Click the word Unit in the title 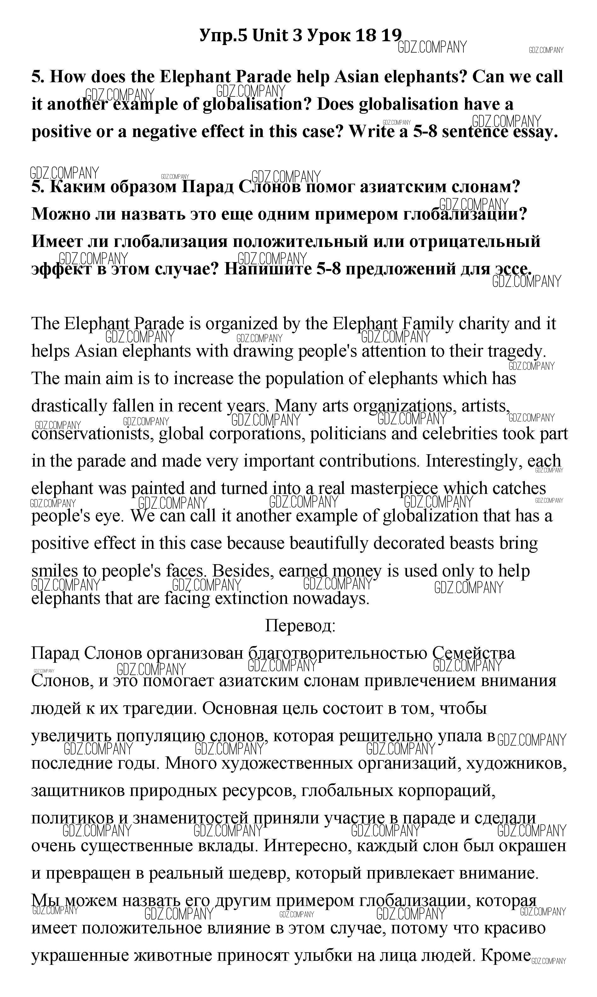pyautogui.click(x=270, y=36)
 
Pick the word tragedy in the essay pyautogui.click(x=517, y=351)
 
